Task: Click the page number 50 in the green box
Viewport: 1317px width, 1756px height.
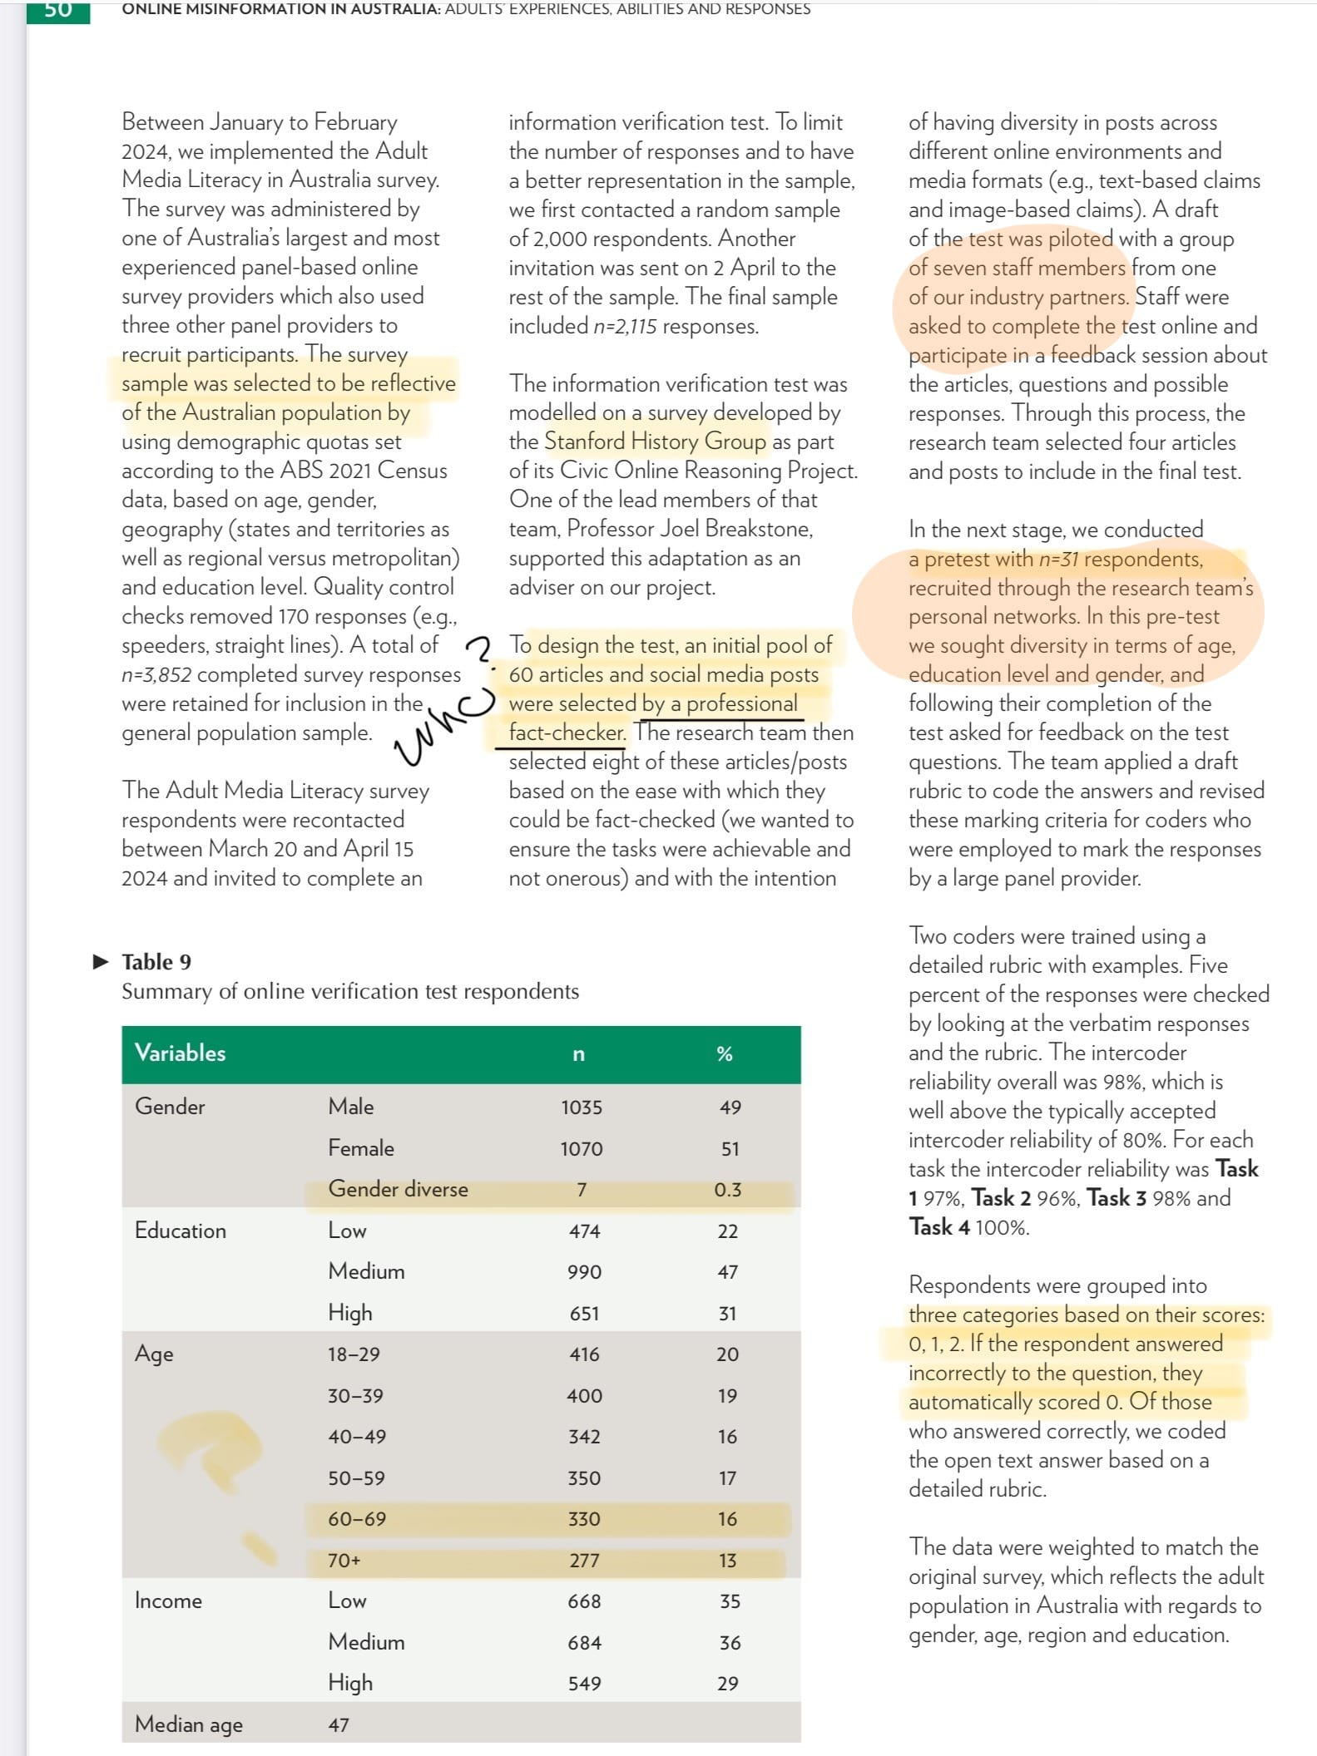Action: click(x=57, y=10)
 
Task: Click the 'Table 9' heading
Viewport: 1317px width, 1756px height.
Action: click(x=156, y=962)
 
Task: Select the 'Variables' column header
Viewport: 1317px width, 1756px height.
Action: click(x=180, y=1053)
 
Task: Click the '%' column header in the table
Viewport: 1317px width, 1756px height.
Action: click(x=724, y=1054)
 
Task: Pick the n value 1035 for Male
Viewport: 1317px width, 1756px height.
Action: click(x=581, y=1107)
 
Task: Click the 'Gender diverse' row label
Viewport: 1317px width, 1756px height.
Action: click(x=398, y=1189)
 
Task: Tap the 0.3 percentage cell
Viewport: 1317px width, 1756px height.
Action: click(x=727, y=1190)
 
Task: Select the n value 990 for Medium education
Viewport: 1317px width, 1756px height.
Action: click(x=583, y=1272)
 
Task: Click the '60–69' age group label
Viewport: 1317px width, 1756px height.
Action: click(x=357, y=1519)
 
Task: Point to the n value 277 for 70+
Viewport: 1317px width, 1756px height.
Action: click(x=584, y=1561)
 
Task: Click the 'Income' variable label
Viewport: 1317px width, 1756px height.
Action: click(x=168, y=1601)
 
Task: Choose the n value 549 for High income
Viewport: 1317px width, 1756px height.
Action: click(x=584, y=1683)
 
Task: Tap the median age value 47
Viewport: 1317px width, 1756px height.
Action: click(x=339, y=1724)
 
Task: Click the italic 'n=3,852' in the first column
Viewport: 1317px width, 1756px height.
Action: click(x=156, y=674)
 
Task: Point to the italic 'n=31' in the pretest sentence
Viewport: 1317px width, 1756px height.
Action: click(x=1058, y=559)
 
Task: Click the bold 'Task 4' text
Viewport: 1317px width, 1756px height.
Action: click(x=938, y=1227)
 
